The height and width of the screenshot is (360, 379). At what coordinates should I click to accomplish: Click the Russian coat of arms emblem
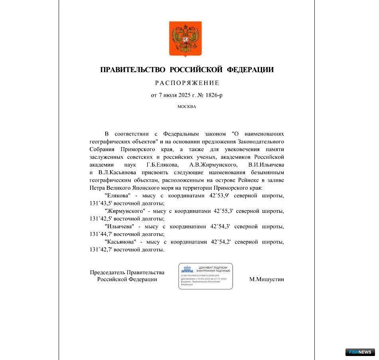[186, 39]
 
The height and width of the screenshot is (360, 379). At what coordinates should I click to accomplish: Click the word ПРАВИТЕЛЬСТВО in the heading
[132, 70]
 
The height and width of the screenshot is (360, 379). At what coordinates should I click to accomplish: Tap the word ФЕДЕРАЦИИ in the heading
[250, 70]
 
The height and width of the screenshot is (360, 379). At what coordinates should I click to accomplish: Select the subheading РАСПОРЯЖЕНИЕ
[187, 83]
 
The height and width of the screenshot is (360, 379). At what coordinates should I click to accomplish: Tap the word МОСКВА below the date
[187, 107]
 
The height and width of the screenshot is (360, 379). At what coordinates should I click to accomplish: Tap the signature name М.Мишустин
[266, 279]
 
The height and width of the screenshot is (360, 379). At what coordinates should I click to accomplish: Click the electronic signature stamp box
[205, 276]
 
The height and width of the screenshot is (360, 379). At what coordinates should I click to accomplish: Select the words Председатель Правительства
[127, 273]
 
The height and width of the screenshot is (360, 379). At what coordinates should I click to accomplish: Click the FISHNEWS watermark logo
[360, 352]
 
